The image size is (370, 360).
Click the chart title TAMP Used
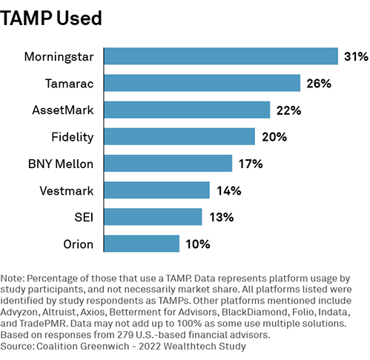[51, 19]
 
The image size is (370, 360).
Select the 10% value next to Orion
[198, 244]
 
